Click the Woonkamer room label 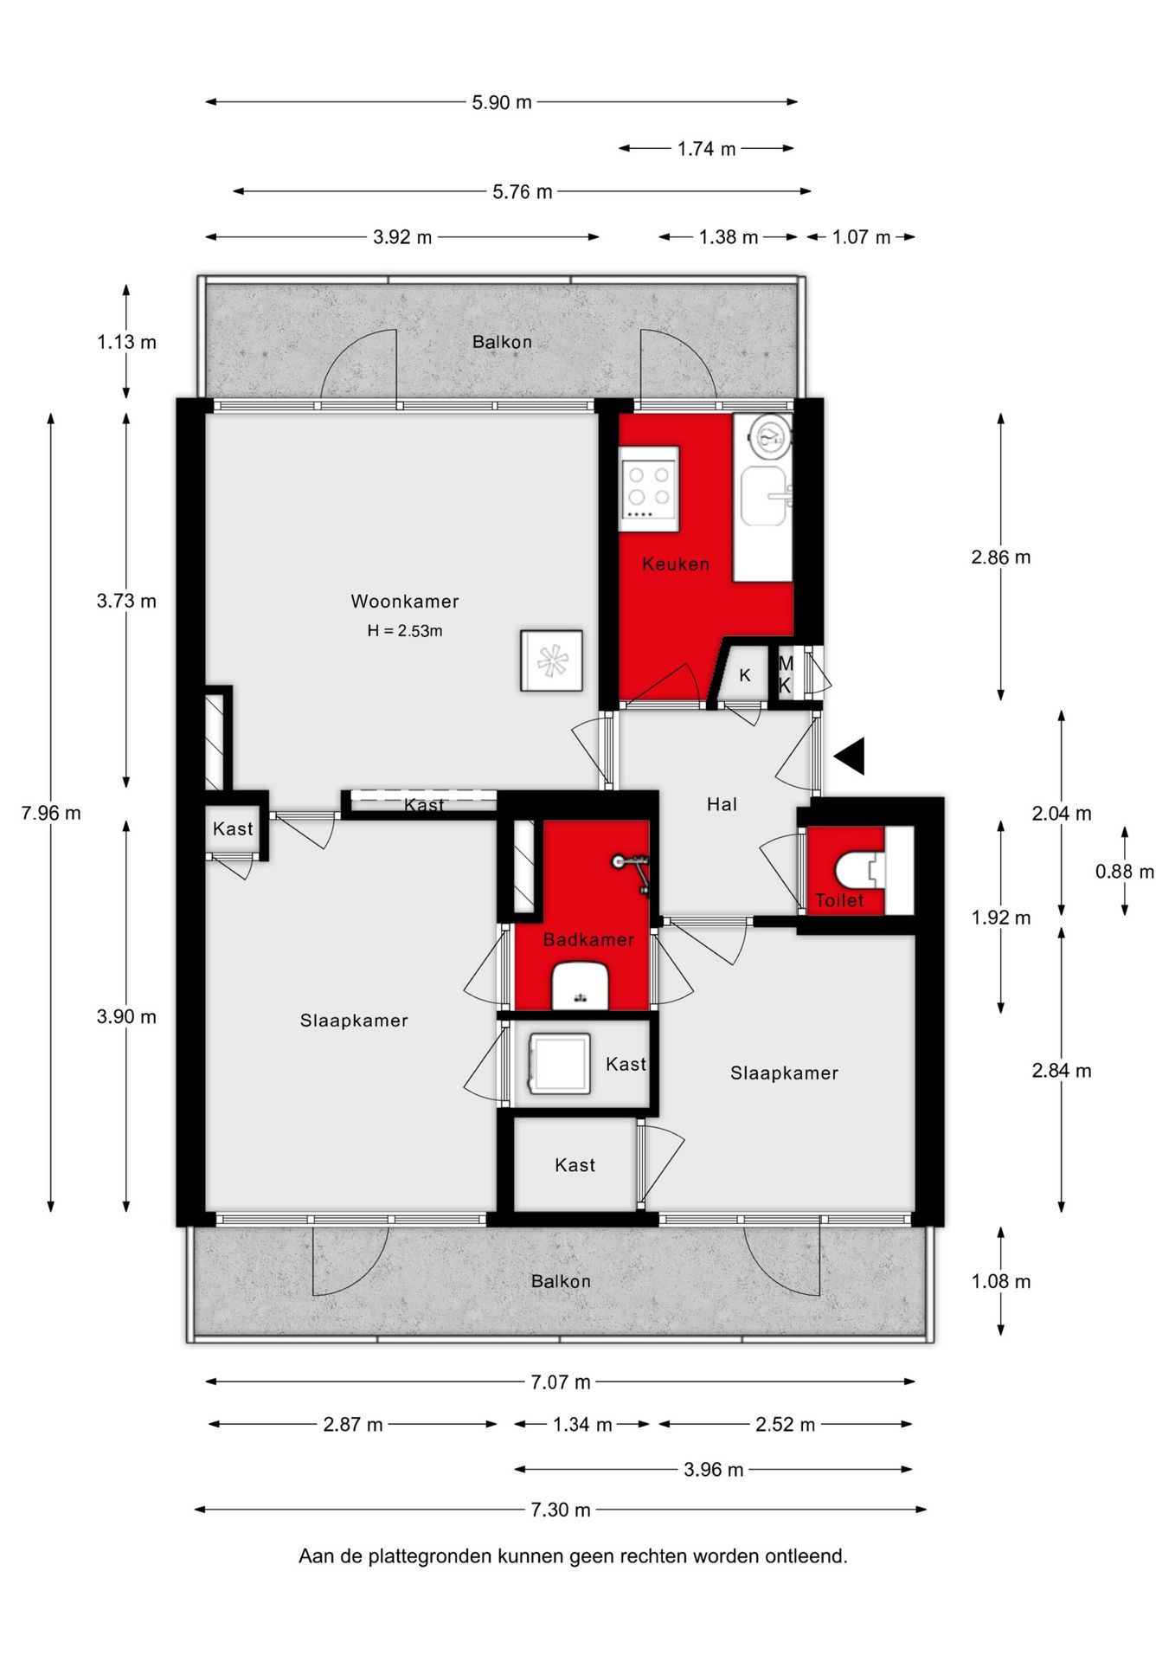pos(404,601)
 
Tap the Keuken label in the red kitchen pos(675,564)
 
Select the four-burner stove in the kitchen pos(649,488)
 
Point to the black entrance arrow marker pos(850,756)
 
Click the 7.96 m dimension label pos(51,813)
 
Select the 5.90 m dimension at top pos(502,102)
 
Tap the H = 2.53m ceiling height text pos(405,631)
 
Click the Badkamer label pos(588,939)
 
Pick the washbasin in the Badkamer pos(581,987)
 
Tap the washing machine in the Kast pos(558,1064)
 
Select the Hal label pos(722,804)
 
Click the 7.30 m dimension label pos(561,1510)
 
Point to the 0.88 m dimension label pos(1125,872)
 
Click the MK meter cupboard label pos(785,674)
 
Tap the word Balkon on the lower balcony pos(561,1281)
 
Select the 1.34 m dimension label pos(582,1424)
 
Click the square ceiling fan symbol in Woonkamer pos(551,660)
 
